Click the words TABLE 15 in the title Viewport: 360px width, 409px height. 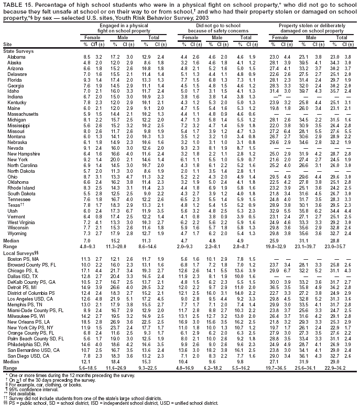17,5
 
